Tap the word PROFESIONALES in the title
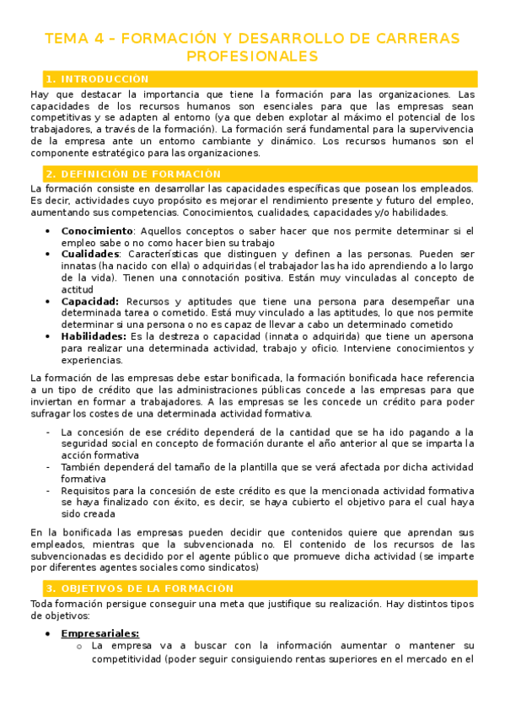[x=252, y=56]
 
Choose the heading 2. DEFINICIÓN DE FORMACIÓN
[x=133, y=174]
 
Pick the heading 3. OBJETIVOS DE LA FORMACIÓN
[x=139, y=588]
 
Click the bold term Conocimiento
[x=97, y=231]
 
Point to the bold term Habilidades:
[x=94, y=336]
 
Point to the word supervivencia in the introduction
[x=438, y=130]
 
